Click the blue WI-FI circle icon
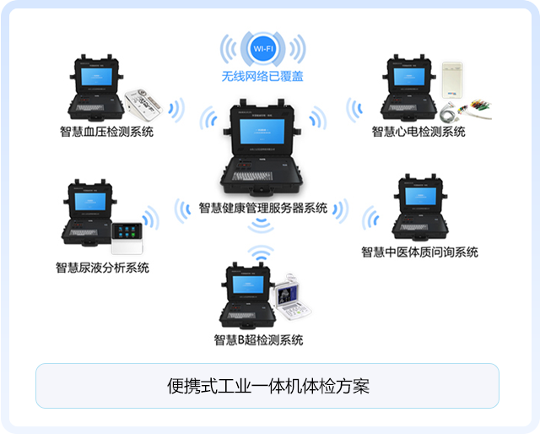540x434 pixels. coord(262,49)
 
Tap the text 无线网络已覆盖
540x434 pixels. coord(262,76)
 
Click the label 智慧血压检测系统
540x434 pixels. coord(106,131)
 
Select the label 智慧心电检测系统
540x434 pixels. coord(418,131)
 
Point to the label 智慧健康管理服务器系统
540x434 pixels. coord(262,208)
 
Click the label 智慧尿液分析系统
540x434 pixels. coord(102,268)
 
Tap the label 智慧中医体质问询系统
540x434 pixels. coord(419,252)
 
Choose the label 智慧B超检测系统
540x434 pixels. coord(257,340)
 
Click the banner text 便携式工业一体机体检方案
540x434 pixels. coord(267,387)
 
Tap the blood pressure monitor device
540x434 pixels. coord(145,103)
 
